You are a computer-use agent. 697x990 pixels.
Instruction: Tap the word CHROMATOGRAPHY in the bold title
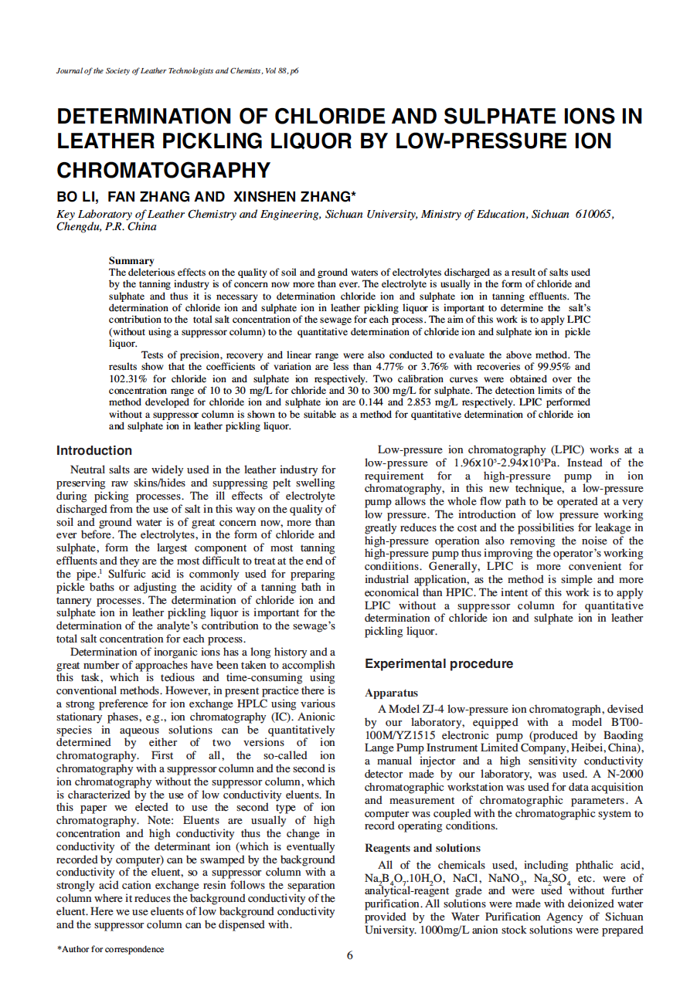164,170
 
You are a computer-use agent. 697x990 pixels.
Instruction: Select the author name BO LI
76,196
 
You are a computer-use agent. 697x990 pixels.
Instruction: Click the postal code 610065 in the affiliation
595,214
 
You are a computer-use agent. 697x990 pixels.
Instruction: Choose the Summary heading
131,261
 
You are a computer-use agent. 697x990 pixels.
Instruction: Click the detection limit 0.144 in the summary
360,402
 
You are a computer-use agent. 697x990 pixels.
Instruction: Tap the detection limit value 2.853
419,402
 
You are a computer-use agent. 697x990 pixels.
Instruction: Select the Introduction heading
94,450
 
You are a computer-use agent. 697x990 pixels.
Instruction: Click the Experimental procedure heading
439,663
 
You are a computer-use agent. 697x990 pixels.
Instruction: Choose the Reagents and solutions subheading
423,848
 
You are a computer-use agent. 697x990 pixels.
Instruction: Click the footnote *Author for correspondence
110,949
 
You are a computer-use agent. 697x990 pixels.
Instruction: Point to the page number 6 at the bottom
349,956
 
